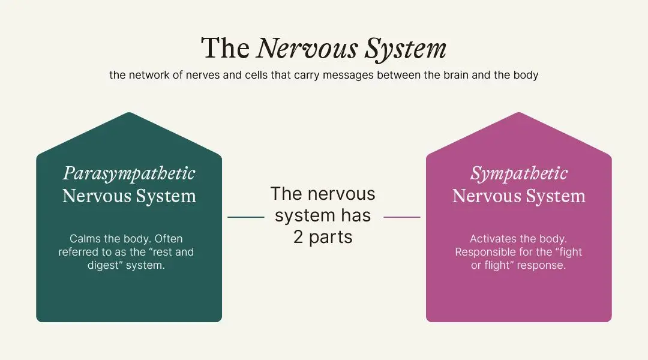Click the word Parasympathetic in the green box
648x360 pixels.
(129, 173)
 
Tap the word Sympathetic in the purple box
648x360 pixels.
(519, 173)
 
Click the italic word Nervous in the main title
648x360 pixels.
(307, 49)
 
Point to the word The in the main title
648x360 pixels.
(225, 49)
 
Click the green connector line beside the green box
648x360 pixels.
(246, 217)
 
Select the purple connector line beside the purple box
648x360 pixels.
(402, 217)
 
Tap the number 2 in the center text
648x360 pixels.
(298, 237)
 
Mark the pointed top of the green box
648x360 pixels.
(129, 112)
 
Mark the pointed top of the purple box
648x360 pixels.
(518, 112)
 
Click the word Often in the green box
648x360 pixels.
(169, 239)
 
